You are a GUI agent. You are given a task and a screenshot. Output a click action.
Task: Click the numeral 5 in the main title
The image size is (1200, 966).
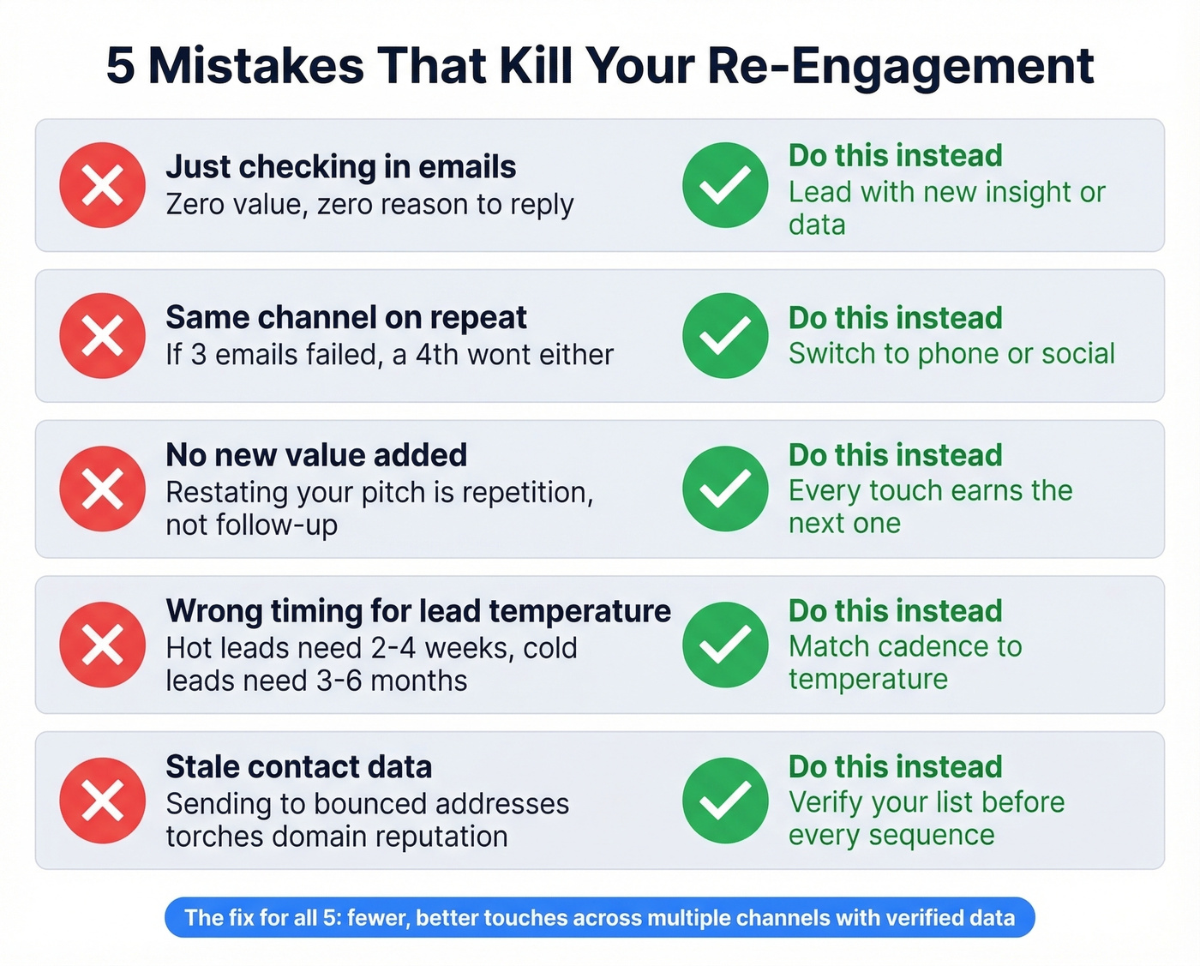pos(121,66)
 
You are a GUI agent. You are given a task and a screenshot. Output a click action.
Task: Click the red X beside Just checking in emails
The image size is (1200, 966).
pos(102,185)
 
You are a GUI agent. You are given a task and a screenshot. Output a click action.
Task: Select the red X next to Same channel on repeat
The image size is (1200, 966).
pos(102,336)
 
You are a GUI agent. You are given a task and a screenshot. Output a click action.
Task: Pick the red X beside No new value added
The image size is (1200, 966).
pos(102,489)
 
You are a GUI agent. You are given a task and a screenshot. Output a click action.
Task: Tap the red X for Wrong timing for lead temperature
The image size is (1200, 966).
pos(102,645)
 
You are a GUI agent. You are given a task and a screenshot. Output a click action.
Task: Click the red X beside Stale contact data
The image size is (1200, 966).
pos(102,801)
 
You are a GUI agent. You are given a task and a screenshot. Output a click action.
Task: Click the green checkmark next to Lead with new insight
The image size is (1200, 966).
pos(725,185)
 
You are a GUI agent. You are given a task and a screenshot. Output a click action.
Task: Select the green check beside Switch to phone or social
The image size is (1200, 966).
pos(725,336)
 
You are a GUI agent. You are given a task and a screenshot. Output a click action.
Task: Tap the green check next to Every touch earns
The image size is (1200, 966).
pos(725,489)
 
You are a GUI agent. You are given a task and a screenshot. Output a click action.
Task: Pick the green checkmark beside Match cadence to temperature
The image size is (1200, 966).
pos(725,645)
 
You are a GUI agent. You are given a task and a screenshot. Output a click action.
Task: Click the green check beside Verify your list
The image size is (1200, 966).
pos(725,801)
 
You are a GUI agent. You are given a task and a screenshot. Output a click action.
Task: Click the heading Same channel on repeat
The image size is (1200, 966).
pos(345,318)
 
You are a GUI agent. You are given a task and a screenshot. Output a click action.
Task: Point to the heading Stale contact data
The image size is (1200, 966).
pos(298,767)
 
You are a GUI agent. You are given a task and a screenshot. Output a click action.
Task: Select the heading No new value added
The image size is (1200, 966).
pos(316,455)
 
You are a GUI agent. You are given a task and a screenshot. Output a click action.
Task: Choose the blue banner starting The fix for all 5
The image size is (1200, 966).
pos(600,918)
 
